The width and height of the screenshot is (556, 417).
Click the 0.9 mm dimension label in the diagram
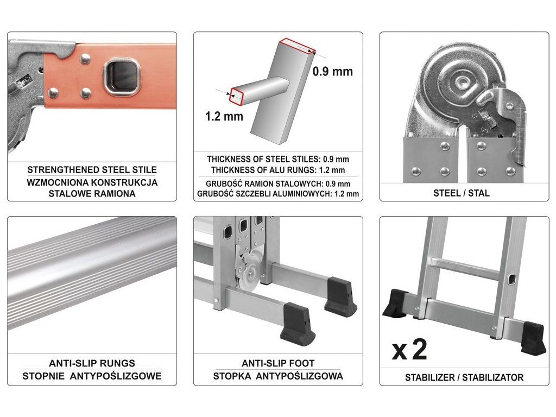[x=333, y=71]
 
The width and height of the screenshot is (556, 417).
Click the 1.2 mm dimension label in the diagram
[x=224, y=116]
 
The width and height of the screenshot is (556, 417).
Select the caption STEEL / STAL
[x=462, y=193]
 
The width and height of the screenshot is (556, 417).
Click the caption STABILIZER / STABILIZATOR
[x=464, y=377]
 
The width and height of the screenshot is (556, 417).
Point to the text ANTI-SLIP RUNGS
[x=92, y=363]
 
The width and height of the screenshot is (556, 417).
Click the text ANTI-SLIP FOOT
[x=278, y=363]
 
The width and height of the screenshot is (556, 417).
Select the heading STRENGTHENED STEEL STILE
[x=92, y=169]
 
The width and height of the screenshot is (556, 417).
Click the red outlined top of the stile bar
[x=297, y=46]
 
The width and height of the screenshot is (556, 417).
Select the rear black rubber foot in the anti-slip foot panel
[x=340, y=296]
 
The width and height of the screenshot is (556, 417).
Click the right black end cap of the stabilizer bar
[x=533, y=338]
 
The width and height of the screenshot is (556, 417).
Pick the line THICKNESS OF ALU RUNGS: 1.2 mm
[x=278, y=170]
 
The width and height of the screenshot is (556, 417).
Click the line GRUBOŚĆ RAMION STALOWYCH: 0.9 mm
[x=278, y=184]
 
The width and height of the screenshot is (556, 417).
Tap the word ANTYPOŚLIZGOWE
[x=116, y=376]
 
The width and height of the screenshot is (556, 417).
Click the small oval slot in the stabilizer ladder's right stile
[x=511, y=279]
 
